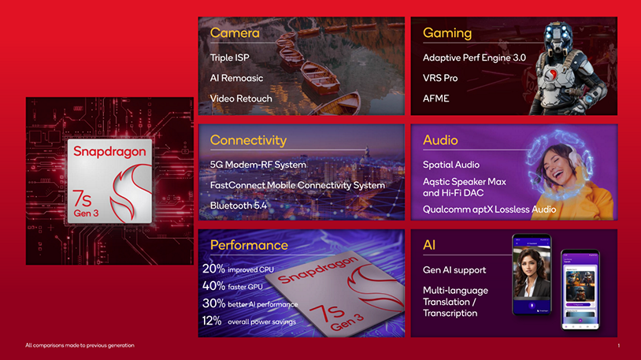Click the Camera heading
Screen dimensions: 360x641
235,33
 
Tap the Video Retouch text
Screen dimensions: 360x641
241,98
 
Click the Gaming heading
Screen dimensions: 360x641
447,33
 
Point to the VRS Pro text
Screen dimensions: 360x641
440,78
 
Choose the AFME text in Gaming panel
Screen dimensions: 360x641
436,98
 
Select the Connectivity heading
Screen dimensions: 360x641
248,140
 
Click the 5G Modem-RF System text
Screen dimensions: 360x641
258,165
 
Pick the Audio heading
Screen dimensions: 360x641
440,140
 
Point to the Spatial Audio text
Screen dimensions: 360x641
451,165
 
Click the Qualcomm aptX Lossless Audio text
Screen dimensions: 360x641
489,210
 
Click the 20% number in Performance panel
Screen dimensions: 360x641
213,269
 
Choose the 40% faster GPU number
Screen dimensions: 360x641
213,286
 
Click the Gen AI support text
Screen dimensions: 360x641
455,270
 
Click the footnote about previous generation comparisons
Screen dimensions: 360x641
80,345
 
